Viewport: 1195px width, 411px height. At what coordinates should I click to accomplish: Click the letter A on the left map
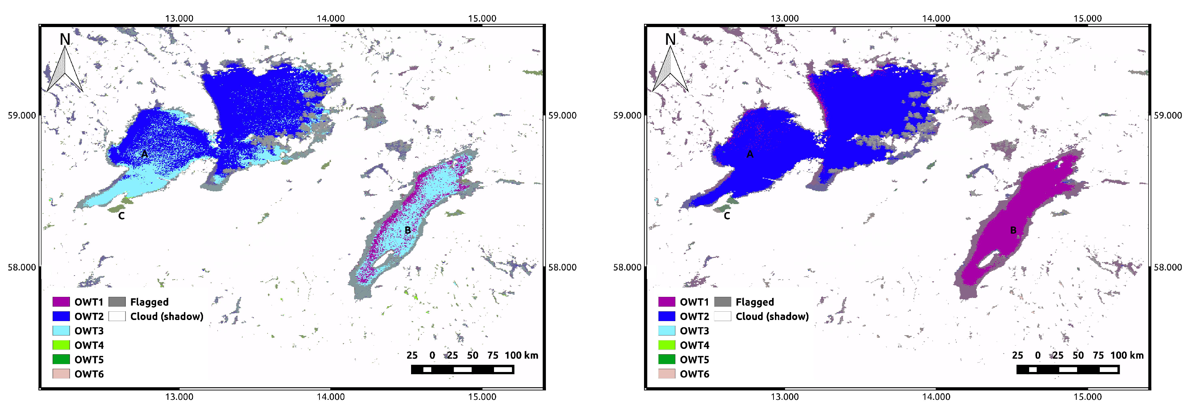tap(144, 154)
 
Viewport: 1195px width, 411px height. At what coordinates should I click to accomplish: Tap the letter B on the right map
tap(1013, 230)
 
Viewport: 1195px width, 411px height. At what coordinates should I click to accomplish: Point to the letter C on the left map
tap(121, 216)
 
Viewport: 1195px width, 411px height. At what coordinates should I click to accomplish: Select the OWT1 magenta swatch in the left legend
tap(61, 302)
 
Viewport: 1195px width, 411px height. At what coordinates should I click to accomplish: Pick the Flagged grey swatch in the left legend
tap(117, 302)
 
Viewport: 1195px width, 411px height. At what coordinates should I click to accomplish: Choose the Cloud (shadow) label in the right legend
tap(772, 316)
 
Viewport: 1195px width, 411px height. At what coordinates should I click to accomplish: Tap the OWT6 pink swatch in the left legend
tap(61, 374)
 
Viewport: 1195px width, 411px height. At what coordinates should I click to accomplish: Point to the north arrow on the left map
tap(65, 70)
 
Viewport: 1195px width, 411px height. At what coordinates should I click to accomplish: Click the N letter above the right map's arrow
tap(670, 39)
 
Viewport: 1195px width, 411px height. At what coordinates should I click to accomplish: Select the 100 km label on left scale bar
tap(521, 355)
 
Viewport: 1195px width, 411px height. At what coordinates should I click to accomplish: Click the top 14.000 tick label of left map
tap(330, 18)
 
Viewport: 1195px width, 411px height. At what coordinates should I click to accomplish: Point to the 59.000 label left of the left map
tap(22, 116)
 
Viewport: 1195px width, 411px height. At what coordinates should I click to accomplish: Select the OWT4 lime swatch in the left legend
tap(61, 345)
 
